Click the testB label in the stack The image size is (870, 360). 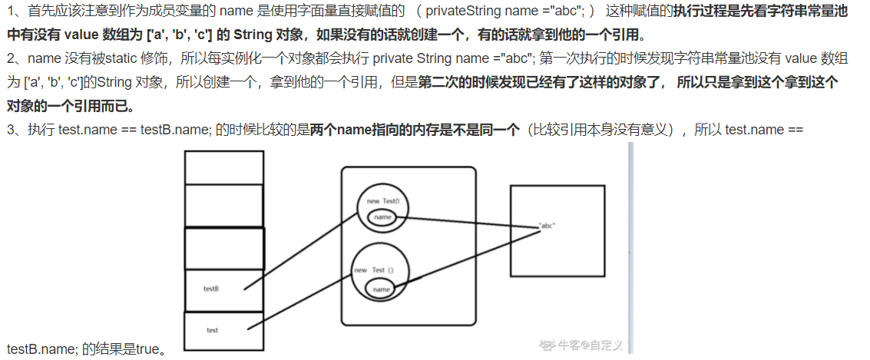[x=211, y=289]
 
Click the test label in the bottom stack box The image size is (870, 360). [x=213, y=330]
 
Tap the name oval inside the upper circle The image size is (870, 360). [x=382, y=218]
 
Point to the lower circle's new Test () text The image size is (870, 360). [x=373, y=270]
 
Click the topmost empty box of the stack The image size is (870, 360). [x=223, y=167]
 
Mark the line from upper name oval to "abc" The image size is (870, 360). [x=468, y=222]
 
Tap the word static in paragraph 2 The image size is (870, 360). [x=114, y=58]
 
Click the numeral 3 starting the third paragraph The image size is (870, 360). [x=10, y=130]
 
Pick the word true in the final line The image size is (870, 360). [x=147, y=349]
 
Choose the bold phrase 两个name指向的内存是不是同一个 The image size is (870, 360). [x=415, y=130]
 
